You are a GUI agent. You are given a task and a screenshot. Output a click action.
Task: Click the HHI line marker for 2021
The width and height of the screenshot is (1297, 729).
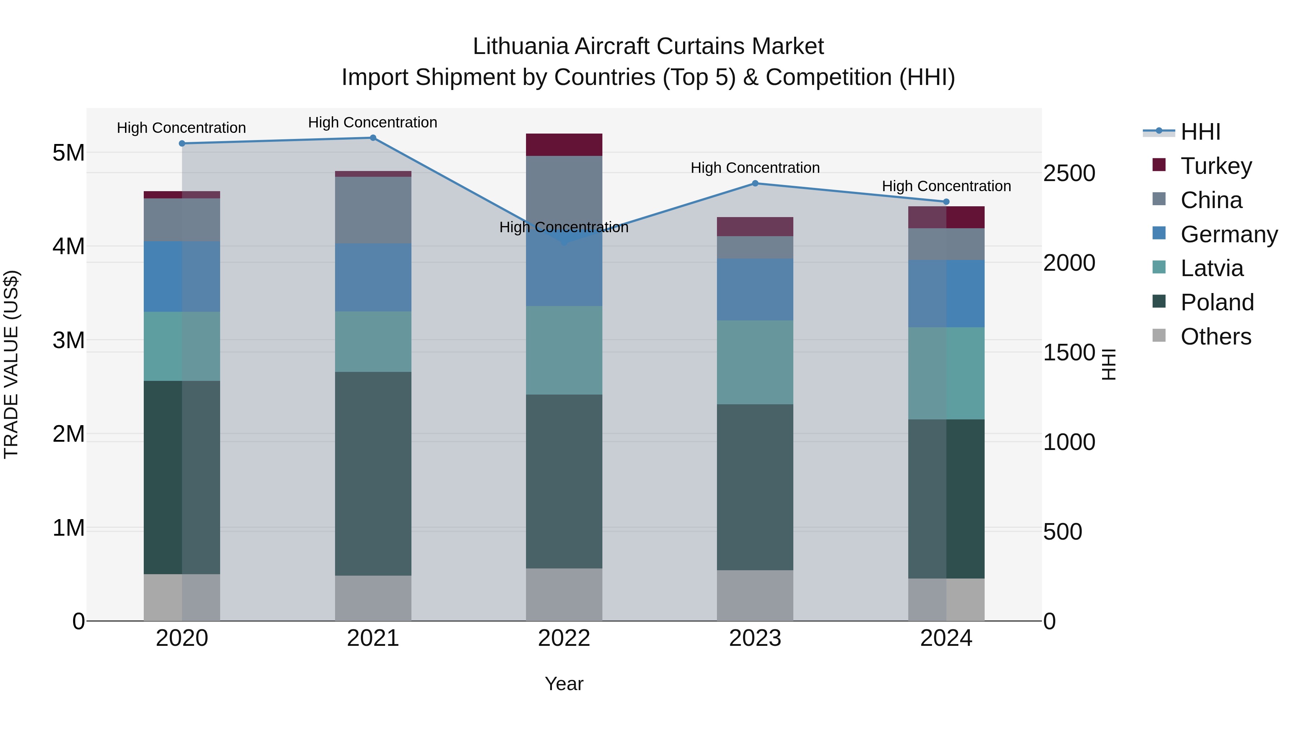click(373, 138)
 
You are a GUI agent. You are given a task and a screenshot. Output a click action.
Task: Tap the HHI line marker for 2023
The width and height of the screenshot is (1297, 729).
click(755, 184)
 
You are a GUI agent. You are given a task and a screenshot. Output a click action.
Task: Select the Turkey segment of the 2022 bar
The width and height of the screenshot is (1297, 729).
click(564, 145)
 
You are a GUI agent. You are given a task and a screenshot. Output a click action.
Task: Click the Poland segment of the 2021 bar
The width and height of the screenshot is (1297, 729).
click(373, 473)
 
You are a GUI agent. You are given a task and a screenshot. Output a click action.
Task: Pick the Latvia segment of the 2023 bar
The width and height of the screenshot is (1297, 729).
click(755, 362)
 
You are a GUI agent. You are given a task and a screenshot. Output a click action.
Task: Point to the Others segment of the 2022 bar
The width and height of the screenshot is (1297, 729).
click(564, 595)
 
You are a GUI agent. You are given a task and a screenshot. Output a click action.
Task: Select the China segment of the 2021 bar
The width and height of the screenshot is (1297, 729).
click(373, 210)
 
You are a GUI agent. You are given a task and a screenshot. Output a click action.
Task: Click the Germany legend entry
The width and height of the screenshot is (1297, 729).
click(1229, 234)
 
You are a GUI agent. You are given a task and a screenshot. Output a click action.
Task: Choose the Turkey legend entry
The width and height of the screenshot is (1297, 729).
click(1216, 166)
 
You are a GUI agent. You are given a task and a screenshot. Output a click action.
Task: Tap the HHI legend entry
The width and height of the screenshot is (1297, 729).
click(1200, 132)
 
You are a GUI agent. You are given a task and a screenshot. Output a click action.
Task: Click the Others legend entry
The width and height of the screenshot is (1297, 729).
click(1216, 337)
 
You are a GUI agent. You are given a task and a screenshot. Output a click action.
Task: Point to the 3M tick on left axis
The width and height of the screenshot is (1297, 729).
click(68, 341)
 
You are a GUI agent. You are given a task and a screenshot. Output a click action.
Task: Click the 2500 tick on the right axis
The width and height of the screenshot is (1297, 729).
click(1069, 174)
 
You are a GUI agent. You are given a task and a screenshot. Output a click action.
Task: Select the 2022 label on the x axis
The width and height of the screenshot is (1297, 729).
click(564, 638)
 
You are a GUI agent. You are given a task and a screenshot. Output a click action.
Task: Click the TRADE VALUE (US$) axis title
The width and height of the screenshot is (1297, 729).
click(11, 364)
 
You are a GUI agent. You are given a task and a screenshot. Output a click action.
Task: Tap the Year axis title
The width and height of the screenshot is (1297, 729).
click(564, 684)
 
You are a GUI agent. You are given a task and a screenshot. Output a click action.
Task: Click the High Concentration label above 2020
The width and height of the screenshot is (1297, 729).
click(181, 128)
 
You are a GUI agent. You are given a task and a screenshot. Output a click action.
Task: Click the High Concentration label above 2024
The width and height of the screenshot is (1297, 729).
click(946, 186)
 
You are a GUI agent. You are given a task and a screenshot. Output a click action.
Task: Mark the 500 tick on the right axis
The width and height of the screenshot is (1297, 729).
click(1062, 532)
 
